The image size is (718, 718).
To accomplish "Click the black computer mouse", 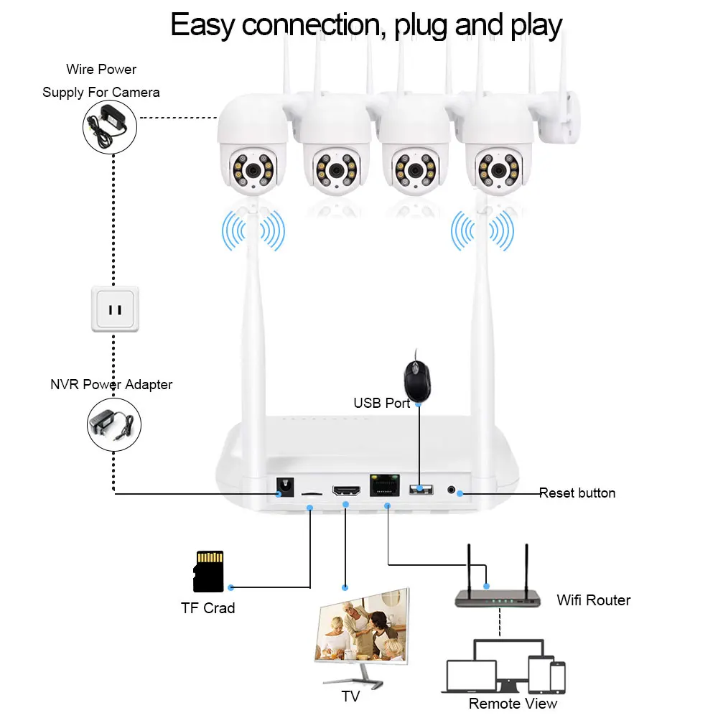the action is [x=417, y=379].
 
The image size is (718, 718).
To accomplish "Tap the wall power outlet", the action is [x=115, y=309].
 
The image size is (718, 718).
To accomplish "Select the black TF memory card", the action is [x=208, y=571].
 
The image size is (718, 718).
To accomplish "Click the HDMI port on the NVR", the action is [x=346, y=490].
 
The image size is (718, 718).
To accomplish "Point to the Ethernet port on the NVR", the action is [x=385, y=485].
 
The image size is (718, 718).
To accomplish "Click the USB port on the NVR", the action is [x=421, y=489].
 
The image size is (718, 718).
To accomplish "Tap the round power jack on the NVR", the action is [x=285, y=487].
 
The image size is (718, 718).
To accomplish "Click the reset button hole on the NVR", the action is [x=451, y=490].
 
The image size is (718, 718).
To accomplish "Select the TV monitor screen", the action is [x=362, y=626].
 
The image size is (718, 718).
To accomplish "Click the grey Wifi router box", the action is [x=498, y=599].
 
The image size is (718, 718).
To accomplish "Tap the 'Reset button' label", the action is [x=577, y=493].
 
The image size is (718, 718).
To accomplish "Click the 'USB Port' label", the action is [x=381, y=403].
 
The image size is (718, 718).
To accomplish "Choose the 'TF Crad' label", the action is [x=208, y=608].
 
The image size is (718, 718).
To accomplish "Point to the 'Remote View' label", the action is [x=513, y=704].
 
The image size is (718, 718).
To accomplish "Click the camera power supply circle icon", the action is [x=110, y=127].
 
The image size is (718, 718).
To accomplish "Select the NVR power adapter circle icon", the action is [x=114, y=424].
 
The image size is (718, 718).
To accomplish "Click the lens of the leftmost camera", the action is [x=253, y=170].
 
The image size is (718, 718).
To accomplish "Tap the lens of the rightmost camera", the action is [x=499, y=170].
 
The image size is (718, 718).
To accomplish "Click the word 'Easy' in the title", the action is [x=203, y=25].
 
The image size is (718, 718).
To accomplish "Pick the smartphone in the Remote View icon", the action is [x=558, y=677].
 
